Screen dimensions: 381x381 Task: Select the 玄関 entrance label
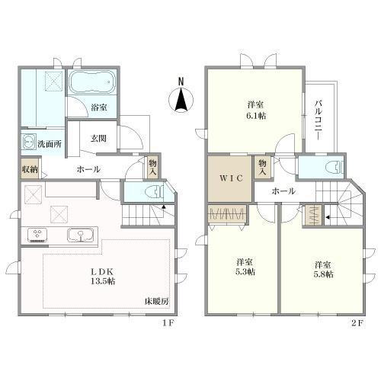(98, 139)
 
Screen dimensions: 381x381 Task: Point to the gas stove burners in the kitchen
(37, 235)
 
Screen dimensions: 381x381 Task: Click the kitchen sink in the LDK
(81, 235)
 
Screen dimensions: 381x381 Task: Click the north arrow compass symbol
(181, 100)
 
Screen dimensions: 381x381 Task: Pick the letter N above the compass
(181, 82)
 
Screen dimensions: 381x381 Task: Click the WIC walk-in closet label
(231, 178)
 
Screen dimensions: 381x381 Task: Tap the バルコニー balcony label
(319, 120)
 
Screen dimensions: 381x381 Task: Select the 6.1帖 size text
(256, 116)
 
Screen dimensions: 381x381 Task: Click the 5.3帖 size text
(245, 271)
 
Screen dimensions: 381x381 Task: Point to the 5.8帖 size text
(323, 274)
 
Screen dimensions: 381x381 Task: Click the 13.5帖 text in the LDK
(103, 281)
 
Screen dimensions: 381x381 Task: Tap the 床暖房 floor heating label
(156, 302)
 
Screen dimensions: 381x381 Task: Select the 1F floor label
(168, 323)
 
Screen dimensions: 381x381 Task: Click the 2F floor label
(357, 323)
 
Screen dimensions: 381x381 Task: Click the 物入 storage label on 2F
(262, 167)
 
